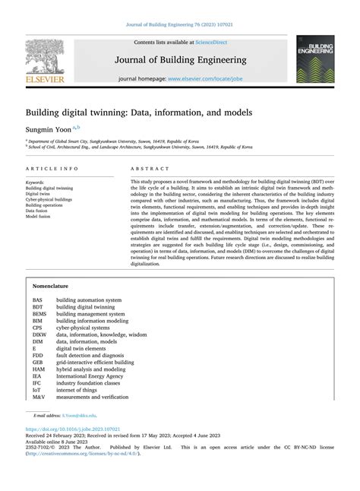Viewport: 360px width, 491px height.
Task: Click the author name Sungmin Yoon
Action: (51, 130)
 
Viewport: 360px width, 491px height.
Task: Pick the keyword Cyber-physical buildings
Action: (49, 199)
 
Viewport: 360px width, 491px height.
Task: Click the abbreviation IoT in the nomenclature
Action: (37, 389)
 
